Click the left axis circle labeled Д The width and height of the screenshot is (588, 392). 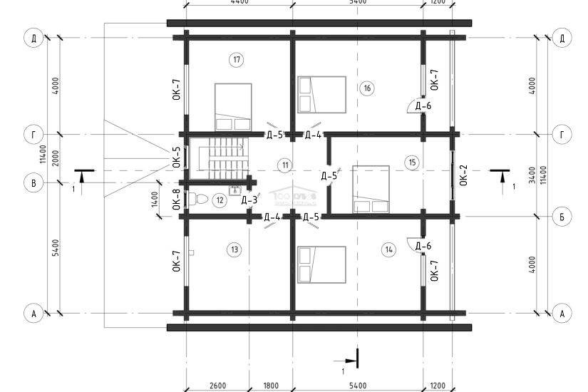tap(33, 38)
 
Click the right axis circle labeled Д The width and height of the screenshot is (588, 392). tap(562, 38)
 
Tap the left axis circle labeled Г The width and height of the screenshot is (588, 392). tap(33, 134)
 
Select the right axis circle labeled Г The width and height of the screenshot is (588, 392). tap(562, 134)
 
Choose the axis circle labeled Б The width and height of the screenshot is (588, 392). tap(562, 216)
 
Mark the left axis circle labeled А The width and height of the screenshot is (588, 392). tap(33, 312)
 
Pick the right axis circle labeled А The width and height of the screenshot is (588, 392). tap(562, 312)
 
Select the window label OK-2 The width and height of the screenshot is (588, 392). tap(463, 175)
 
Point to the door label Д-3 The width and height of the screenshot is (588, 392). tap(249, 200)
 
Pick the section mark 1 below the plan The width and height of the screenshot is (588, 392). tap(343, 370)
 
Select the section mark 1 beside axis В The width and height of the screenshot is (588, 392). tap(73, 188)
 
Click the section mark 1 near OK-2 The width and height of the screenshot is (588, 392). tap(513, 187)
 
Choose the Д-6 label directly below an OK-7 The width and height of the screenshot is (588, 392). tap(424, 106)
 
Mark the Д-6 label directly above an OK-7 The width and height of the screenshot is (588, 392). tap(424, 247)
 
